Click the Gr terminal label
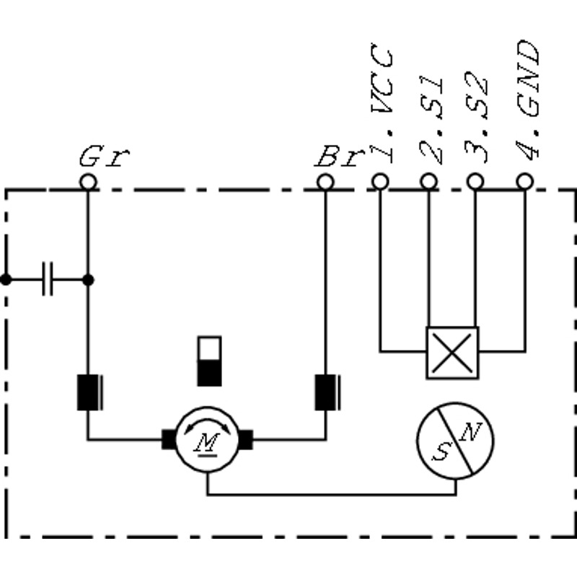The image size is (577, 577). [x=104, y=157]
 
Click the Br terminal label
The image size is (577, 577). [x=340, y=157]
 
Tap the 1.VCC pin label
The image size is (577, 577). [x=382, y=102]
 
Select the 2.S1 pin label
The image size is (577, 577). [x=431, y=120]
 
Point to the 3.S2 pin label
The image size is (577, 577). [x=477, y=117]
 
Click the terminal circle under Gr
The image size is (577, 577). [x=88, y=182]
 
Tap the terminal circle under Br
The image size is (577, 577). [x=325, y=182]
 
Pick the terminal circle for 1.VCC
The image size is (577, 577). [x=380, y=182]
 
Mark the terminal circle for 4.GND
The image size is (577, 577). [x=525, y=182]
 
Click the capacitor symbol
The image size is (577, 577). [x=48, y=279]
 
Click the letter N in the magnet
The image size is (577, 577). [x=471, y=432]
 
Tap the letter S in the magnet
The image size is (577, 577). [x=441, y=452]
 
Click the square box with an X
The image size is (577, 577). [x=453, y=353]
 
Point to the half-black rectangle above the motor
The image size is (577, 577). [x=209, y=361]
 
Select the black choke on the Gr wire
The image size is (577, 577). [x=89, y=392]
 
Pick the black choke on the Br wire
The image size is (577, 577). [x=327, y=392]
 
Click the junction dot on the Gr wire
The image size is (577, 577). [x=88, y=280]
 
